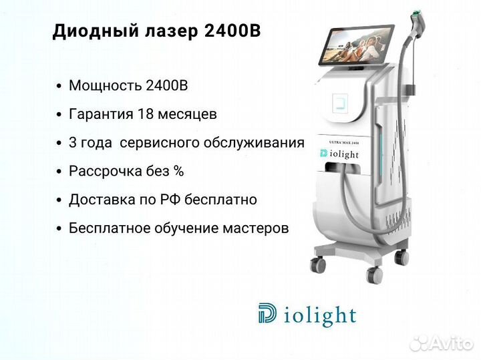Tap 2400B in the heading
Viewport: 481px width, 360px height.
(x=232, y=31)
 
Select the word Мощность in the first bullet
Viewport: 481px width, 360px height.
(x=106, y=86)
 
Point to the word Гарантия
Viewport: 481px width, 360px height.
(x=102, y=114)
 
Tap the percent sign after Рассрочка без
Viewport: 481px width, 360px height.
(x=178, y=171)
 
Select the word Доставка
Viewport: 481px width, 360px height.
(x=103, y=200)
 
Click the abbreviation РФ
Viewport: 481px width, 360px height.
(x=171, y=199)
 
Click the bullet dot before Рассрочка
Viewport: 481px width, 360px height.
(x=59, y=172)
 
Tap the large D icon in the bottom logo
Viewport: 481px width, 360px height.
(x=267, y=313)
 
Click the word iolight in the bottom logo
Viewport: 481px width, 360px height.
(x=320, y=315)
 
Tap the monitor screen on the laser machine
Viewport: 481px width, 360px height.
(x=356, y=45)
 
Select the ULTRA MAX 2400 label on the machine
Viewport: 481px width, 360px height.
(x=343, y=142)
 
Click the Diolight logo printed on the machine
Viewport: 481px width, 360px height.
(x=339, y=154)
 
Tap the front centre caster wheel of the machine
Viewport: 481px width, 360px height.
(x=375, y=275)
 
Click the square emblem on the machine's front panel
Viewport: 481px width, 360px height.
(x=340, y=104)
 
